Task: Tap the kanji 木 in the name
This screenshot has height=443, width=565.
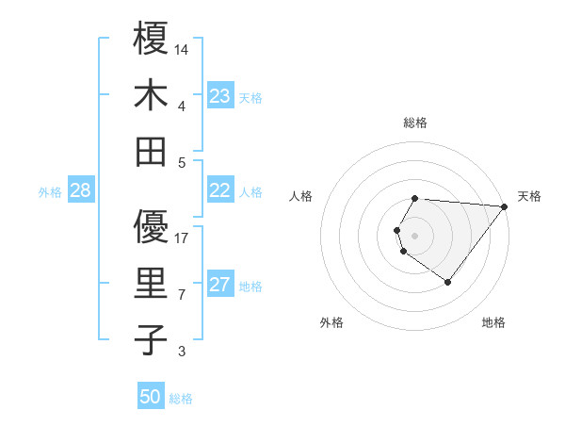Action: coord(151,95)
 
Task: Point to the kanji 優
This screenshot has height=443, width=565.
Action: coord(151,226)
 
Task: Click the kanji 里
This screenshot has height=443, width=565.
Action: coord(151,284)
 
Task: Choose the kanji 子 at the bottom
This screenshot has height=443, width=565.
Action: coord(151,340)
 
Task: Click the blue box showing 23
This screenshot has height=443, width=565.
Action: coord(220,96)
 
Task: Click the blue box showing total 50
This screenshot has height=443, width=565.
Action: coord(151,397)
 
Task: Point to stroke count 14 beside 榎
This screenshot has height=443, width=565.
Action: coord(182,49)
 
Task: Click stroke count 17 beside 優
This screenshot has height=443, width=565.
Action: coord(182,238)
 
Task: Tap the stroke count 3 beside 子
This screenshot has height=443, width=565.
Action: coord(182,353)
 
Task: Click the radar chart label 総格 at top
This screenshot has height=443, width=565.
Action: coord(415,123)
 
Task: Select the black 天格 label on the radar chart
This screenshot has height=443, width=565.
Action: coord(529,196)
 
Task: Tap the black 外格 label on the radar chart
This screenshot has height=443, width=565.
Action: coord(331,322)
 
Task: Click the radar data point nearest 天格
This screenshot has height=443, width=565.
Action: coord(506,206)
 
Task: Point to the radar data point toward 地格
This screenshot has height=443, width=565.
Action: coord(447,282)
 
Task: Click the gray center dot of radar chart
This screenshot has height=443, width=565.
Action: coord(414,234)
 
